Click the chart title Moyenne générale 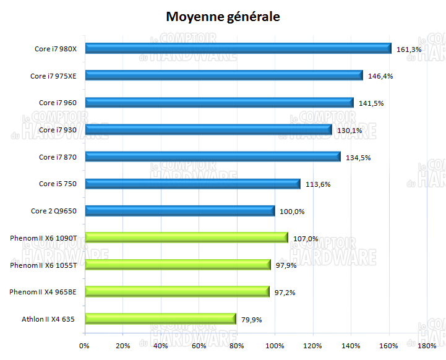pyautogui.click(x=223, y=17)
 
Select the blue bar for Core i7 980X pyautogui.click(x=238, y=48)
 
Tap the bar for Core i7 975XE pyautogui.click(x=224, y=75)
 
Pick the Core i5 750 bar pyautogui.click(x=192, y=184)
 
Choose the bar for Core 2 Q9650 pyautogui.click(x=180, y=211)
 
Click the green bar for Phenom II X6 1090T pyautogui.click(x=186, y=238)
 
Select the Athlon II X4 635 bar pyautogui.click(x=161, y=319)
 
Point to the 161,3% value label pyautogui.click(x=409, y=49)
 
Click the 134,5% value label pyautogui.click(x=358, y=158)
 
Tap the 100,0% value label pyautogui.click(x=292, y=212)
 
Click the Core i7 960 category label pyautogui.click(x=58, y=103)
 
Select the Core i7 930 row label pyautogui.click(x=58, y=130)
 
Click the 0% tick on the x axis pyautogui.click(x=85, y=346)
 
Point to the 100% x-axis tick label pyautogui.click(x=275, y=346)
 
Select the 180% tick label pyautogui.click(x=427, y=346)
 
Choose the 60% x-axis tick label pyautogui.click(x=199, y=346)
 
